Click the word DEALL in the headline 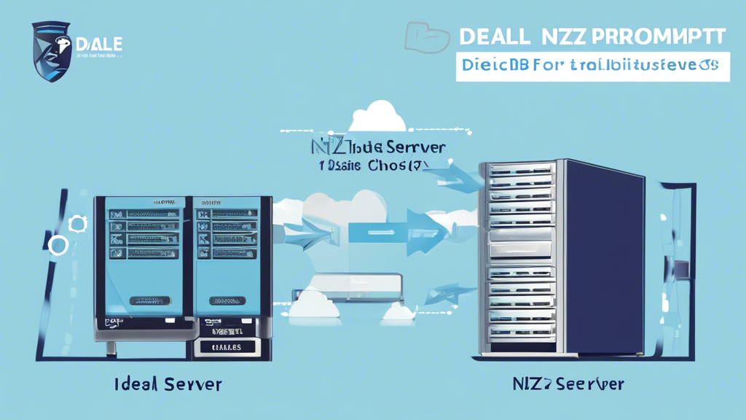pos(493,36)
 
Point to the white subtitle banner pos(592,66)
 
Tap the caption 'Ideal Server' pos(168,384)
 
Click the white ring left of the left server pos(58,246)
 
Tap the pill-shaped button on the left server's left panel pos(150,300)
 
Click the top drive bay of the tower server pos(519,172)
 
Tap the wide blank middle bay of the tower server pos(518,250)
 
